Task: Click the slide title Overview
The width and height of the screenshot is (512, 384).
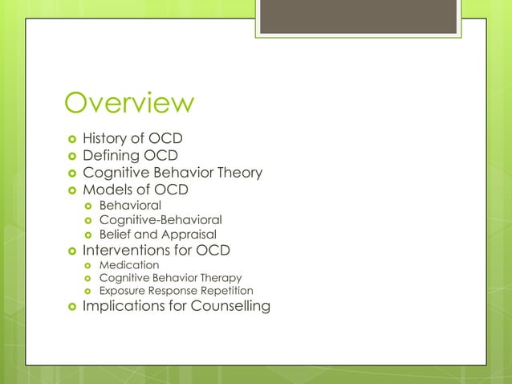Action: [x=129, y=104]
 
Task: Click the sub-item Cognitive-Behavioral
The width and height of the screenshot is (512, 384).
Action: [x=161, y=219]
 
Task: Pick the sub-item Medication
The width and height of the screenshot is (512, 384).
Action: [x=129, y=264]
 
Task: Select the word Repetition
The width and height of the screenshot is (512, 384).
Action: [x=226, y=291]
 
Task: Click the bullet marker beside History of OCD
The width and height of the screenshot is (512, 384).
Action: [x=70, y=139]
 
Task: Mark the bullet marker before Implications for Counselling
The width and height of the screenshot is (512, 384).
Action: [x=70, y=307]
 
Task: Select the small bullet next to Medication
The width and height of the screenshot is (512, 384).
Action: [x=88, y=265]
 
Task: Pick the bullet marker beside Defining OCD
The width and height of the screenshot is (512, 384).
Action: [x=70, y=156]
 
